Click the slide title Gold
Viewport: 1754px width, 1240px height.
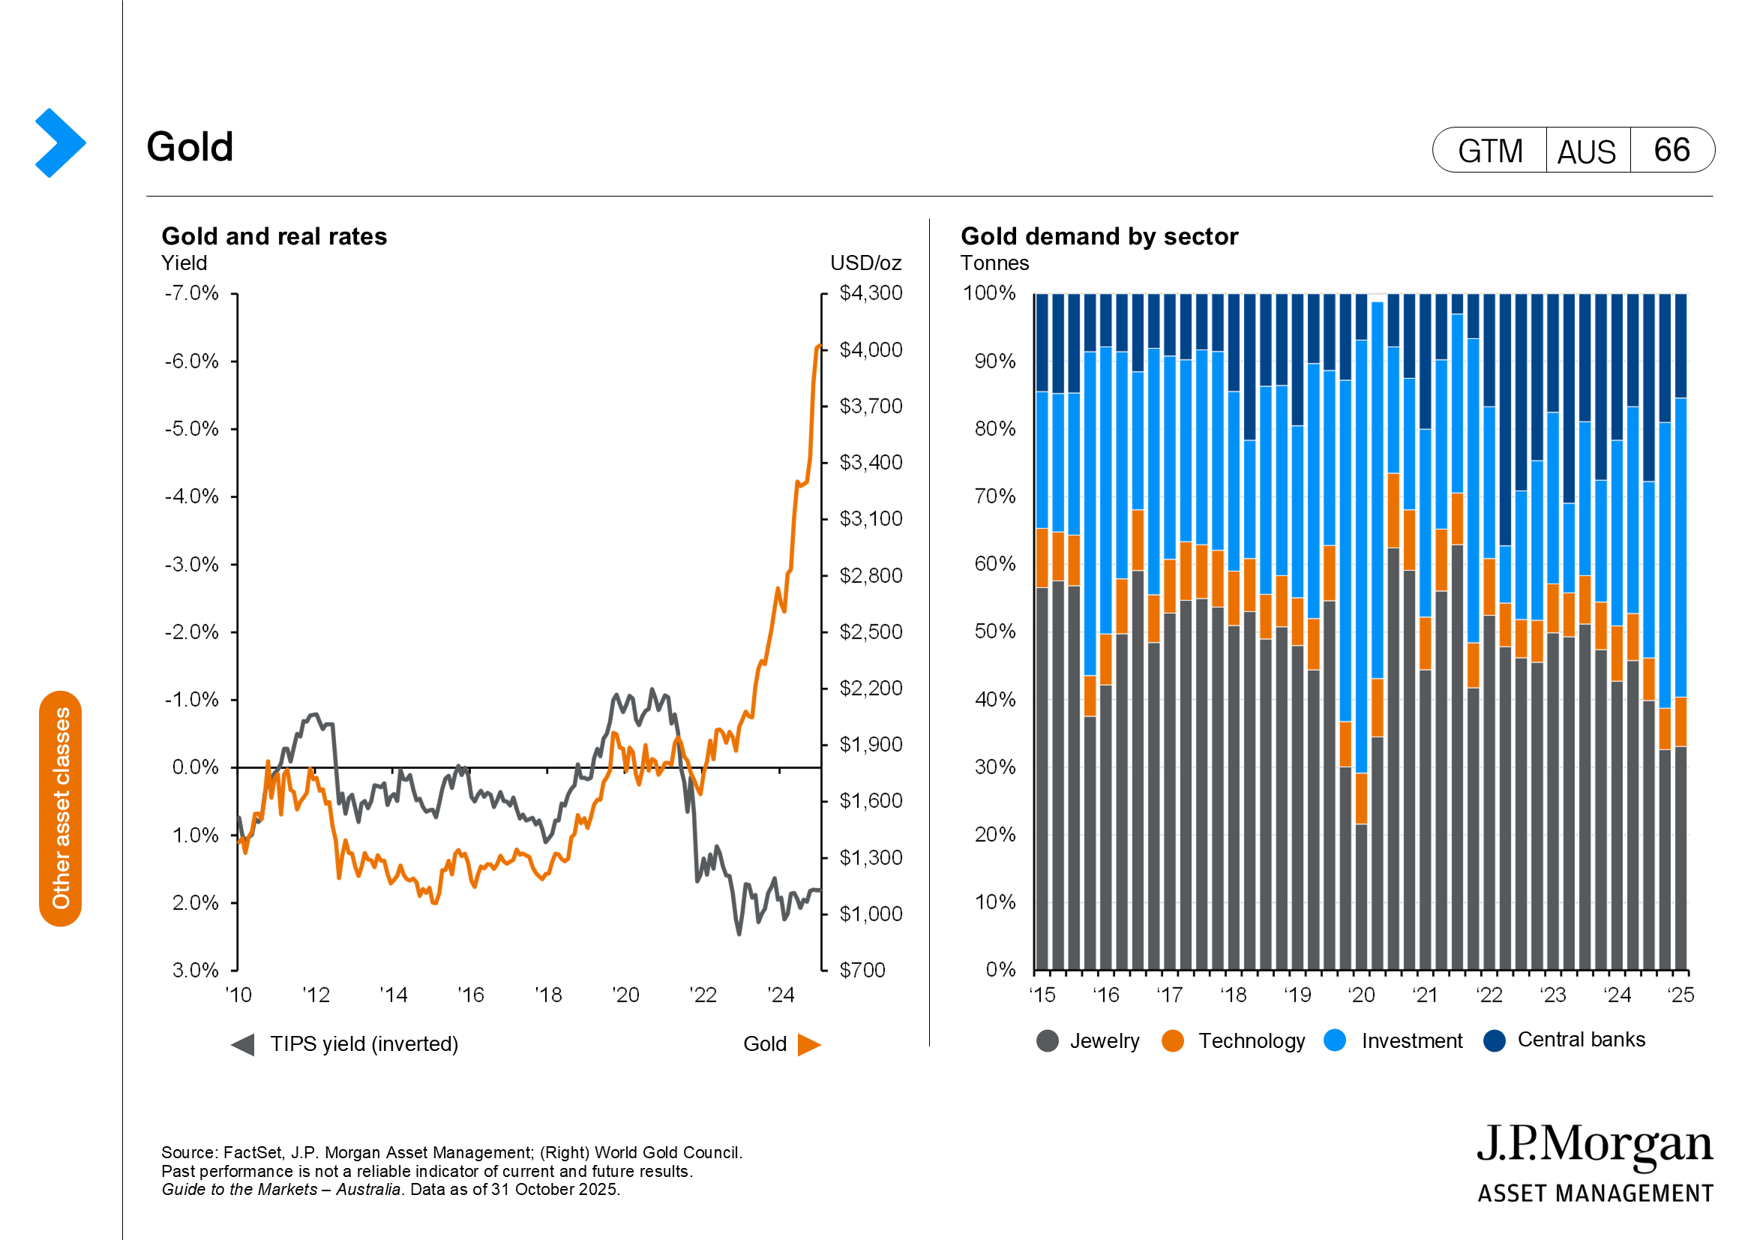pos(190,147)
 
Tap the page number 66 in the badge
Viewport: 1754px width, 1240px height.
pos(1671,150)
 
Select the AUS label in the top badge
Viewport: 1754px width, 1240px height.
pos(1586,152)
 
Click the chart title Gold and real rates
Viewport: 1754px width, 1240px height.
pos(274,236)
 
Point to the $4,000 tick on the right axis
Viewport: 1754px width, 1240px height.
pos(870,350)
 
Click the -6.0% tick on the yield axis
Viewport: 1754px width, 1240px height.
pos(192,362)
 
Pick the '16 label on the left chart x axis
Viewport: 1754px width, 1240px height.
pos(471,995)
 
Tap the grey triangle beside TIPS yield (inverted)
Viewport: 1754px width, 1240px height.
pos(243,1044)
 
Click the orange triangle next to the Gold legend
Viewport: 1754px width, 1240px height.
pos(808,1044)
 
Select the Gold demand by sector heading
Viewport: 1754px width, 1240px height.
pos(1099,236)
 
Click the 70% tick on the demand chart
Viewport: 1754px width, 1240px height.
pos(994,497)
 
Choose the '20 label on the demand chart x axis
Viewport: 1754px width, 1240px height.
pos(1361,995)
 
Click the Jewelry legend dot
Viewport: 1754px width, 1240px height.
pos(1048,1040)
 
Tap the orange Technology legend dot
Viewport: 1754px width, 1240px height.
pos(1172,1040)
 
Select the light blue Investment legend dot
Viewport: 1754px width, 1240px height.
pos(1335,1040)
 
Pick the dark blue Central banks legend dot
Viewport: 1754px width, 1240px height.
pos(1494,1040)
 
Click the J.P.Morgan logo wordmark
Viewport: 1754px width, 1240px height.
pos(1594,1146)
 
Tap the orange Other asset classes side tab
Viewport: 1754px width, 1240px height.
pos(60,809)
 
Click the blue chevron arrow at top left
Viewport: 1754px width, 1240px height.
pos(59,143)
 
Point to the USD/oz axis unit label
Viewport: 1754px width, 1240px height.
pos(865,263)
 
